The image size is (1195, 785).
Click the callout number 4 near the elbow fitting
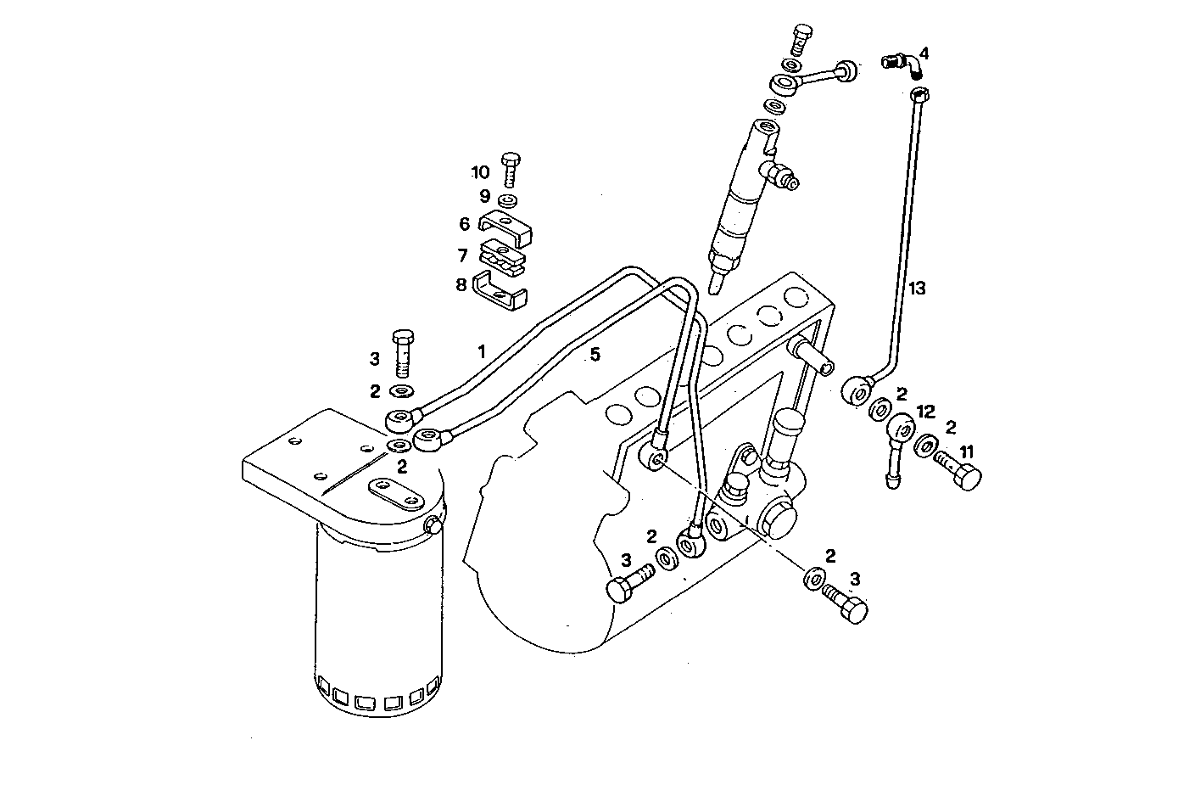pos(924,53)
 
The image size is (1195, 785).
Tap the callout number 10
pos(480,172)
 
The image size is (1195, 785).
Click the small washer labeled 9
pos(509,200)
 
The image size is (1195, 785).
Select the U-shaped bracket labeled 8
pos(500,288)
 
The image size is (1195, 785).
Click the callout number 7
pos(462,255)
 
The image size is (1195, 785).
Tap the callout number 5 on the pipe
pos(595,355)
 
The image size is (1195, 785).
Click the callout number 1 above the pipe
pos(481,350)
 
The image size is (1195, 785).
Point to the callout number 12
pos(925,412)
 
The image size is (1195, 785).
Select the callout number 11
pos(967,452)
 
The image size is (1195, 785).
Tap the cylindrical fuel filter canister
pos(377,620)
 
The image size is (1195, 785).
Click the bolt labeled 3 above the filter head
pos(403,352)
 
